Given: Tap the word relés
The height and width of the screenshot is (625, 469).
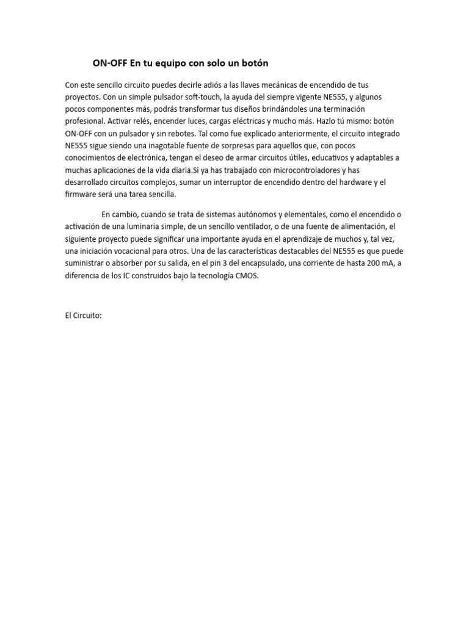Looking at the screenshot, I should click(x=144, y=121).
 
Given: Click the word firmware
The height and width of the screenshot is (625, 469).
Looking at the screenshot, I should click(x=82, y=194).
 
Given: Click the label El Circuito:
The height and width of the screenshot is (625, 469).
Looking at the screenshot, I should click(x=83, y=316).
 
